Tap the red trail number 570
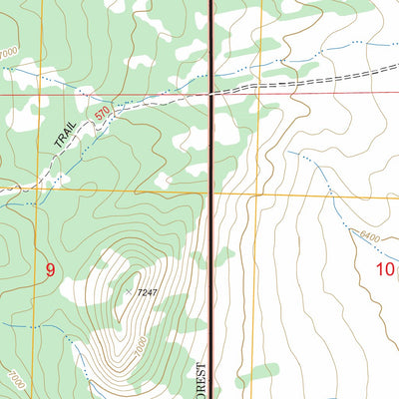(103, 116)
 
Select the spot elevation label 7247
(147, 291)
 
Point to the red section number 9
(49, 269)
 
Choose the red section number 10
(385, 269)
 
